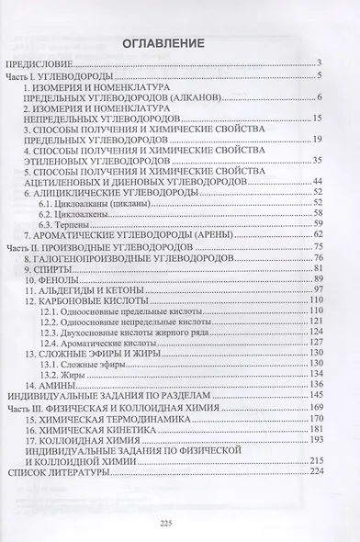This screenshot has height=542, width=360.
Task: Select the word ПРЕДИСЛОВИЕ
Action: [59, 63]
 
